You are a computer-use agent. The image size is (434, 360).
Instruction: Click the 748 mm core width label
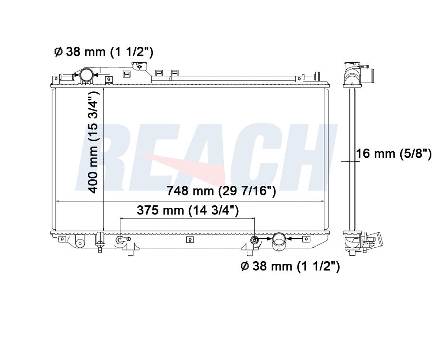coord(221,191)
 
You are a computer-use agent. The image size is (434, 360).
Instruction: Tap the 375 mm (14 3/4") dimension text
coord(188,211)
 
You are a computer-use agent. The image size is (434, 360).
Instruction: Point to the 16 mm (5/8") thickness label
coord(394,153)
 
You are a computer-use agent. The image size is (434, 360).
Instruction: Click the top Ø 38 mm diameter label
coord(103,52)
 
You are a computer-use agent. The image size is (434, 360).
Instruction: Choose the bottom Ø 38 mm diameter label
coord(290,266)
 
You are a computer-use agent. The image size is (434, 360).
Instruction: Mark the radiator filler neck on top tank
coord(139,66)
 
